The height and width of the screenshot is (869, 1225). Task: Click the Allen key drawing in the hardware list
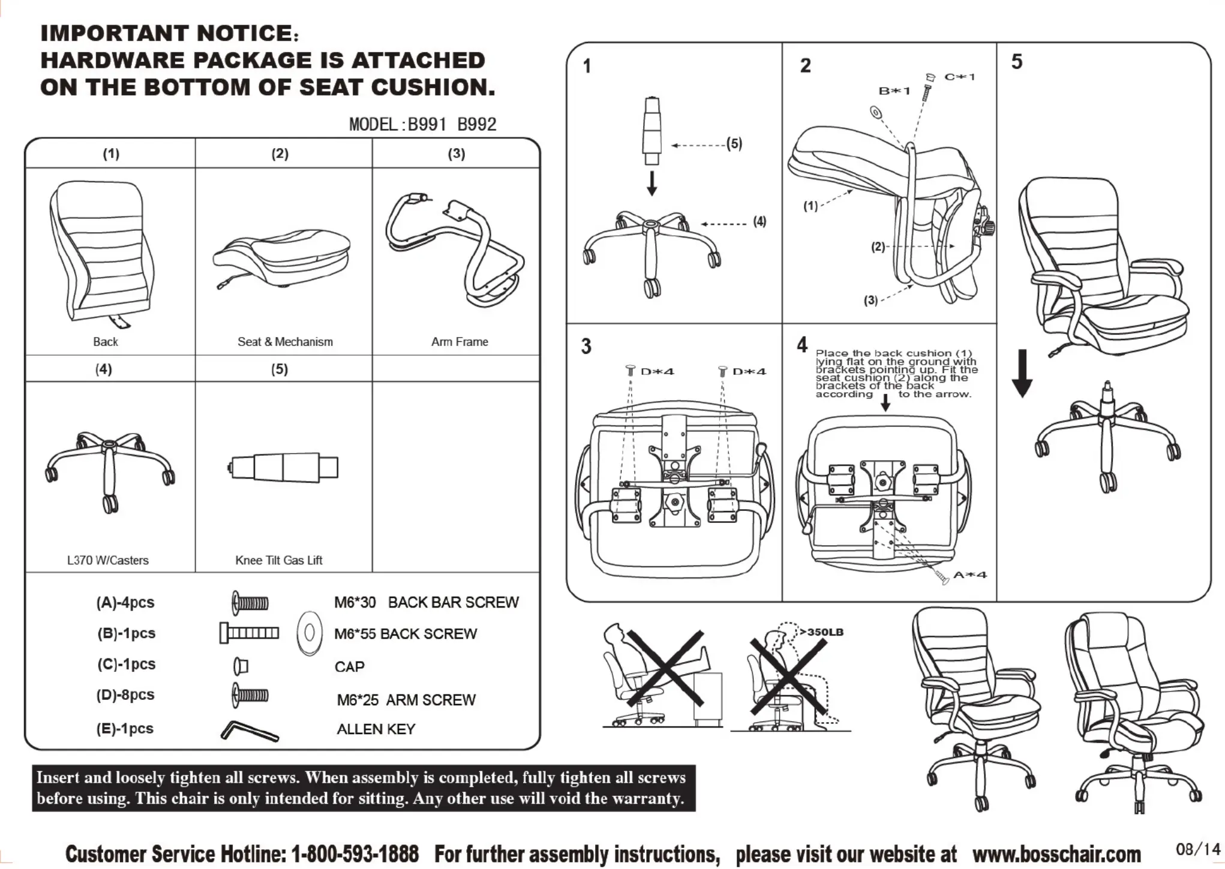click(248, 730)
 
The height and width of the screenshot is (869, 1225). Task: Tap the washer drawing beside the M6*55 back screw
click(310, 633)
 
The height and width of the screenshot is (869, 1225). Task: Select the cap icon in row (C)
click(241, 666)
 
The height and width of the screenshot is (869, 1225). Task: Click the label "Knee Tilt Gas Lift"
click(278, 560)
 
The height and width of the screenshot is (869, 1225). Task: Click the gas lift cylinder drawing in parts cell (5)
click(284, 467)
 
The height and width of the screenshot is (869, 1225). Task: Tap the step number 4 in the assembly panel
click(802, 345)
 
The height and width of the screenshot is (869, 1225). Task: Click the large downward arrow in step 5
click(1022, 373)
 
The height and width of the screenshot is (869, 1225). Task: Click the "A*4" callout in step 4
click(969, 575)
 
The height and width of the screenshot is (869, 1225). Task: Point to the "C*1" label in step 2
click(959, 77)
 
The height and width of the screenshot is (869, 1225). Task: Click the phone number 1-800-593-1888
click(355, 853)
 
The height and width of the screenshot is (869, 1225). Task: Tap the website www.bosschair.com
click(1056, 853)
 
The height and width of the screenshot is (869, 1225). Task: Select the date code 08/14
click(1197, 849)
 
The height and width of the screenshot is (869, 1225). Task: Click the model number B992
click(477, 125)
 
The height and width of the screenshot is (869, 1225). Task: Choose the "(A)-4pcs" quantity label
click(125, 603)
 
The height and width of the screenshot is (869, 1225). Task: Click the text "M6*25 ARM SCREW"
click(406, 700)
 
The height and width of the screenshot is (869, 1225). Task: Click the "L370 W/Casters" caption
click(108, 560)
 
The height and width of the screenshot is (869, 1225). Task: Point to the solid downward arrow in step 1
click(652, 184)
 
